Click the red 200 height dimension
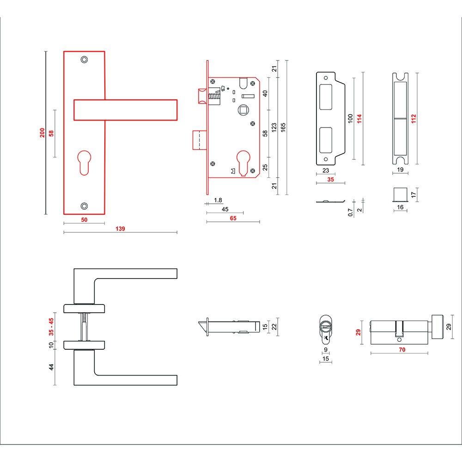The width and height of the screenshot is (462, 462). tap(43, 133)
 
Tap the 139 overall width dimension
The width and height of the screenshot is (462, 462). tap(120, 228)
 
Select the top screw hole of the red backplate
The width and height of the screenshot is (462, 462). tap(84, 60)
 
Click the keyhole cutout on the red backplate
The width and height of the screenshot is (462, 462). tap(84, 161)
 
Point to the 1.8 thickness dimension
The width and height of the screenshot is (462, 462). tap(218, 201)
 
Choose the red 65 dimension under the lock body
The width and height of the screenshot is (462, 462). tap(233, 219)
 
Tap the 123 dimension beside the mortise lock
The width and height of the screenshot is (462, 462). tap(274, 127)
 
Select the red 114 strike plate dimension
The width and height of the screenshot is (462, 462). tap(359, 118)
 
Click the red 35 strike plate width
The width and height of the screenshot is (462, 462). tap(330, 180)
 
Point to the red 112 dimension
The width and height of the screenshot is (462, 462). tap(414, 118)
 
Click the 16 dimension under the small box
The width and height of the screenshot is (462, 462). tap(400, 207)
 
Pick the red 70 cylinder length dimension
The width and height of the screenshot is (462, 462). tap(402, 350)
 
